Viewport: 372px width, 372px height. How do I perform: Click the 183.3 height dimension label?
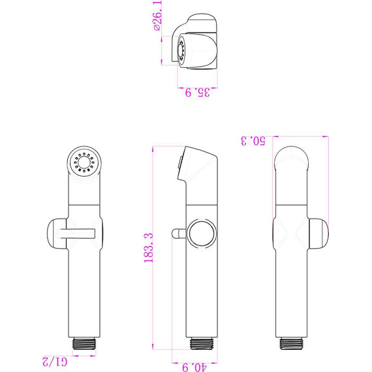pyautogui.click(x=149, y=248)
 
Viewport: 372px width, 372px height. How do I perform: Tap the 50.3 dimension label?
pyautogui.click(x=253, y=141)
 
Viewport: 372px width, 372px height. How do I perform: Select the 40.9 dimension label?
pyautogui.click(x=194, y=367)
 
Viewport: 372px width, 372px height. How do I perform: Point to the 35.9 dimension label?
pyautogui.click(x=197, y=93)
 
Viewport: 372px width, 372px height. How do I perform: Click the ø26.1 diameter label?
pyautogui.click(x=158, y=16)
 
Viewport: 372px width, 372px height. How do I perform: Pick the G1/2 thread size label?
pyautogui.click(x=55, y=362)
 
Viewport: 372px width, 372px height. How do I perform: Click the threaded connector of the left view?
pyautogui.click(x=84, y=343)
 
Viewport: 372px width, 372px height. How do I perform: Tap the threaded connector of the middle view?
pyautogui.click(x=202, y=343)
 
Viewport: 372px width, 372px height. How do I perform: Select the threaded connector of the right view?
pyautogui.click(x=291, y=343)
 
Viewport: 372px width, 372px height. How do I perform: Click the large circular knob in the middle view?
pyautogui.click(x=202, y=234)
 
